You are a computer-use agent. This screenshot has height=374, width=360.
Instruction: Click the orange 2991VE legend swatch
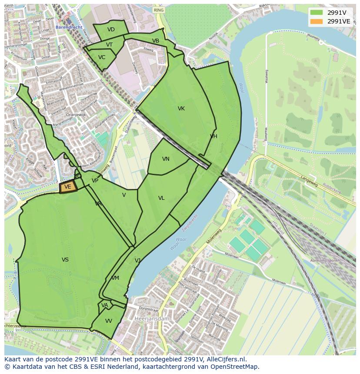[316, 21]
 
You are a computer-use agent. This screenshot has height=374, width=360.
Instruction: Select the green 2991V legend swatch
[316, 12]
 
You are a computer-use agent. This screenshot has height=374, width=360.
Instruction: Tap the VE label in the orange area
[67, 187]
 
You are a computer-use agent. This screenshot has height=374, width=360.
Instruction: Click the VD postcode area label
[111, 30]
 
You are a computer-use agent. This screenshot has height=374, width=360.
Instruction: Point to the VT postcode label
[109, 45]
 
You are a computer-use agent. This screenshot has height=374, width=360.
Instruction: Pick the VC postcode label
[102, 57]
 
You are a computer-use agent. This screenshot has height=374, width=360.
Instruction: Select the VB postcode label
[156, 41]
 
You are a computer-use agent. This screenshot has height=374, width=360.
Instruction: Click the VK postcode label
[181, 109]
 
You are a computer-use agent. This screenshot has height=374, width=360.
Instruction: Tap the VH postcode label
[213, 136]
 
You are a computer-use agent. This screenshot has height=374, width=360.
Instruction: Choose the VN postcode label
[166, 159]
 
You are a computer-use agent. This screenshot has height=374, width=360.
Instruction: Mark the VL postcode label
[161, 198]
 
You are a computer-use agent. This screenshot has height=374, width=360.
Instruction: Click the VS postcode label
[65, 260]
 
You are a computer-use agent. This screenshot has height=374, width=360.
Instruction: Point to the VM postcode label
[115, 278]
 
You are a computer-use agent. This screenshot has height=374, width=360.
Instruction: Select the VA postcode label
[105, 305]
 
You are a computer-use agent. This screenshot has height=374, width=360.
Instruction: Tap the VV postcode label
[109, 321]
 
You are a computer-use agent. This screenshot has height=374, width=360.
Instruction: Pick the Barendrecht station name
[69, 27]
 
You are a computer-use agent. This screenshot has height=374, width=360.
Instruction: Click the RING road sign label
[159, 10]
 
